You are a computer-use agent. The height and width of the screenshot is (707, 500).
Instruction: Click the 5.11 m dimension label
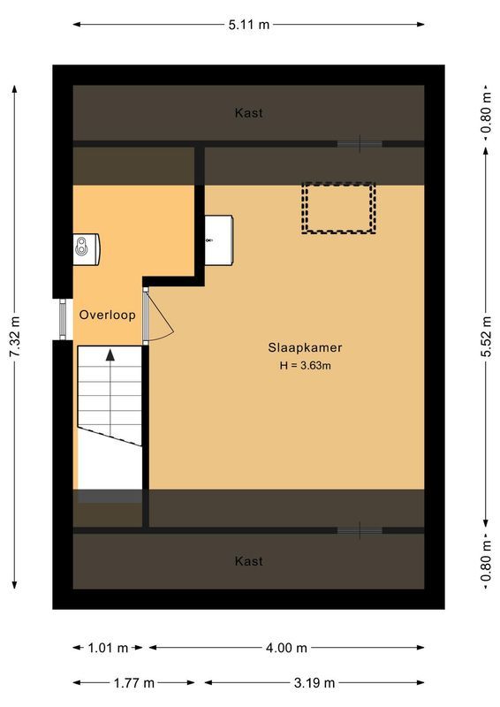point(248,25)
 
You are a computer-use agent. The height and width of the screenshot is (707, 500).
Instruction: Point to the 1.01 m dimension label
point(109,648)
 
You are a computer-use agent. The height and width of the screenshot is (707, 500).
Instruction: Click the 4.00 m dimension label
point(287,648)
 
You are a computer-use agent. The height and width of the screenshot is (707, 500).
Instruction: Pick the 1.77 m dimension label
point(134,682)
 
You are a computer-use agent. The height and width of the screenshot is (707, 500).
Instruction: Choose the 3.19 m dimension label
point(314,682)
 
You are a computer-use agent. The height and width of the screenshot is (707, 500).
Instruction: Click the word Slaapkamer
point(305,347)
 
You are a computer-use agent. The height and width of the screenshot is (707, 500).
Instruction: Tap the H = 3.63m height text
point(305,365)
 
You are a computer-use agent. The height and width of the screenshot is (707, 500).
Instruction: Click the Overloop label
point(107,315)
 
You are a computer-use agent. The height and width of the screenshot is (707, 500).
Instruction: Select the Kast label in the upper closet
point(248,113)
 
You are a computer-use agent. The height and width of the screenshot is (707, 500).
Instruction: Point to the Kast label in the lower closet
point(248,561)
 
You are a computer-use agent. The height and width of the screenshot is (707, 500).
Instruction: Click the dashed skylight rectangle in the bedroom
point(338,208)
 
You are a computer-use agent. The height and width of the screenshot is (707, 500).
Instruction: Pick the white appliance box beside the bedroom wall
point(219,239)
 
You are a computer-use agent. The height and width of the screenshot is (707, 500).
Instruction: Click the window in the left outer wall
point(62,319)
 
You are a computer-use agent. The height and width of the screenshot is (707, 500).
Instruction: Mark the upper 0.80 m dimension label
point(487,113)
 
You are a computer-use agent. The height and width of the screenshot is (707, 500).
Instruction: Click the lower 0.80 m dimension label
point(487,561)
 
